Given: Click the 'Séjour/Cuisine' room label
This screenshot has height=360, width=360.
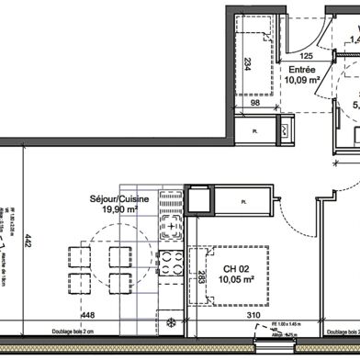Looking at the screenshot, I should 113,197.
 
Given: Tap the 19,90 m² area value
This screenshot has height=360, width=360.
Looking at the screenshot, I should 114,208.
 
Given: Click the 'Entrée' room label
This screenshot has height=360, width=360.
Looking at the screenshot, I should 303,69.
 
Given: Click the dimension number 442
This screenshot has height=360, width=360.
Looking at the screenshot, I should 28,241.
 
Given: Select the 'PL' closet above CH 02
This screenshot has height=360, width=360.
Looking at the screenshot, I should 243,201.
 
